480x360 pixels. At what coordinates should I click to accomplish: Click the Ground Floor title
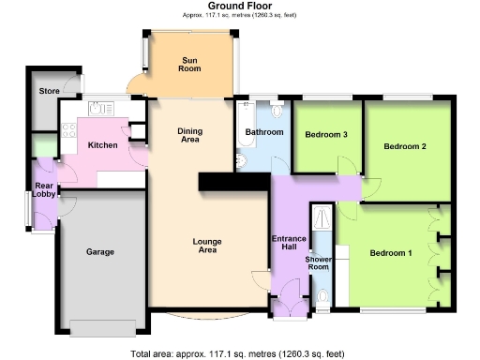pos(240,6)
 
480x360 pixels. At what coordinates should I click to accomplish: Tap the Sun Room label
pos(190,65)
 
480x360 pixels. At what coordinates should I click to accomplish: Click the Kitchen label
pos(102,145)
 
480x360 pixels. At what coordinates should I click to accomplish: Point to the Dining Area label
pos(190,136)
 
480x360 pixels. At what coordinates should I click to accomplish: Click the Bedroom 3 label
pos(327,135)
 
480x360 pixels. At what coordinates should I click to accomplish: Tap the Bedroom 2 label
pos(405,147)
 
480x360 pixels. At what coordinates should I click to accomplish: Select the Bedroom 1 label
pos(390,253)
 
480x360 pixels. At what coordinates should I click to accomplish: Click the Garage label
pos(100,253)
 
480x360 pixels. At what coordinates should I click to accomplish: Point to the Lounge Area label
pos(206,246)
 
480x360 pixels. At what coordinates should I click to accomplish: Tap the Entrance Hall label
pos(289,244)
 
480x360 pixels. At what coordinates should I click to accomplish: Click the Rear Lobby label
pos(44,191)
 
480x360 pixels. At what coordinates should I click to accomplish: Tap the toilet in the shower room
pos(322,299)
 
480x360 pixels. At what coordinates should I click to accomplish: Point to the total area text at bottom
pos(240,353)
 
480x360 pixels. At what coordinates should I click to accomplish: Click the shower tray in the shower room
pos(322,219)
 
